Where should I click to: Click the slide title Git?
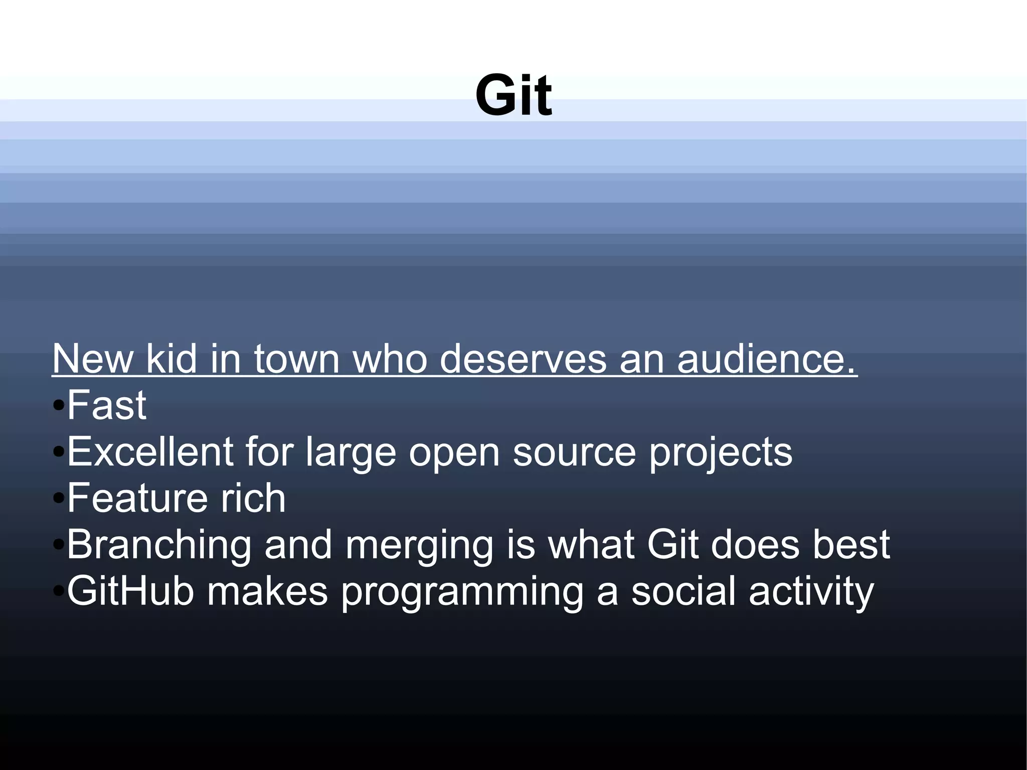[513, 95]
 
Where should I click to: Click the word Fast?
[107, 405]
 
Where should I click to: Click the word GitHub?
[130, 591]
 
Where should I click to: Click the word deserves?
[523, 359]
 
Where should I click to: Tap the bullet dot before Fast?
[59, 405]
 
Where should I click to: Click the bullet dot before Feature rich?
[59, 499]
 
